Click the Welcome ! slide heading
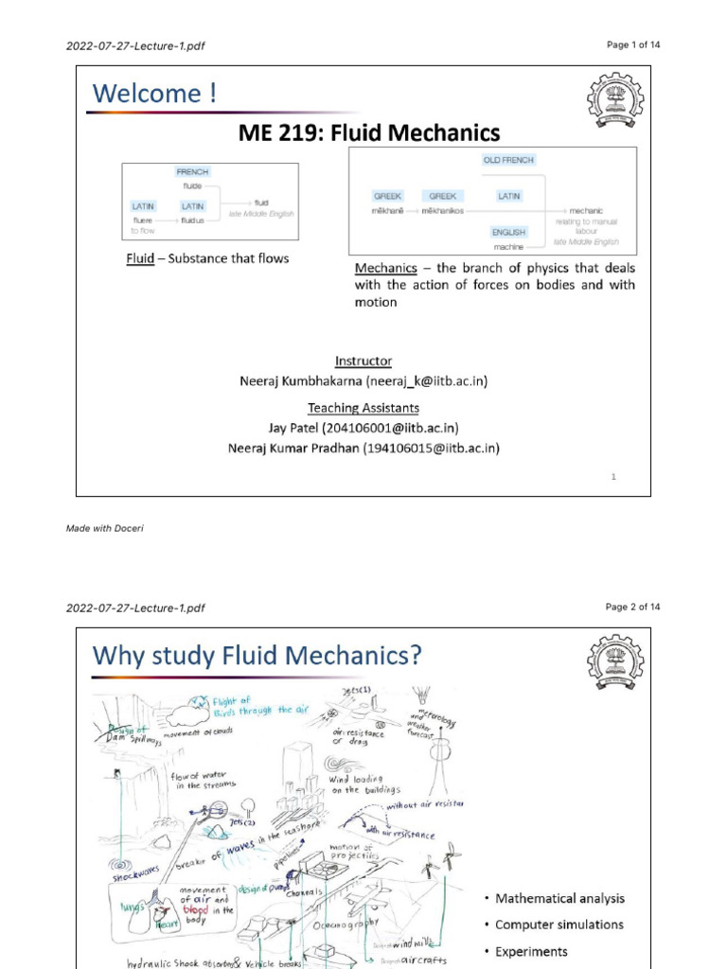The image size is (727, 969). (154, 94)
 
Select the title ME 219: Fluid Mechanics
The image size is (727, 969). (368, 132)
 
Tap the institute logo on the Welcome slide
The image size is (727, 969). (615, 100)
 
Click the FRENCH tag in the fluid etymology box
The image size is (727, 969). (193, 172)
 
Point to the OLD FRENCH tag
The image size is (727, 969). (507, 160)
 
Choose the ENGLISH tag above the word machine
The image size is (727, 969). (507, 232)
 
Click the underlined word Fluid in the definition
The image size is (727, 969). (140, 258)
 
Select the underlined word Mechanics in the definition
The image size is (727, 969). (390, 268)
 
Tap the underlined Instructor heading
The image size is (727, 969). (363, 361)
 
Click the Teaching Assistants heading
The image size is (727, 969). (363, 408)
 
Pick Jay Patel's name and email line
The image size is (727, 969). (363, 428)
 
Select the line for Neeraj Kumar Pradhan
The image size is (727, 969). (363, 448)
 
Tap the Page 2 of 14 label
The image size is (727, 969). (632, 607)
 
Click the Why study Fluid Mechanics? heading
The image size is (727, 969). (257, 654)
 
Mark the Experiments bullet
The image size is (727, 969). (531, 951)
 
